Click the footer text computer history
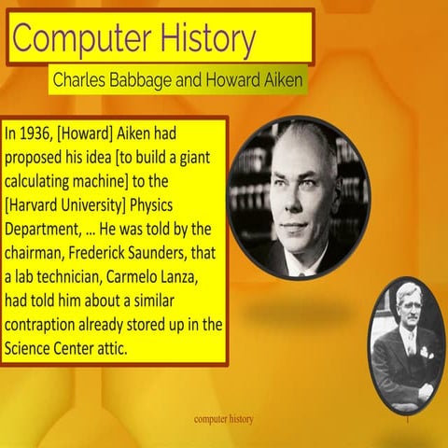[224, 419]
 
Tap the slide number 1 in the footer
[408, 420]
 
